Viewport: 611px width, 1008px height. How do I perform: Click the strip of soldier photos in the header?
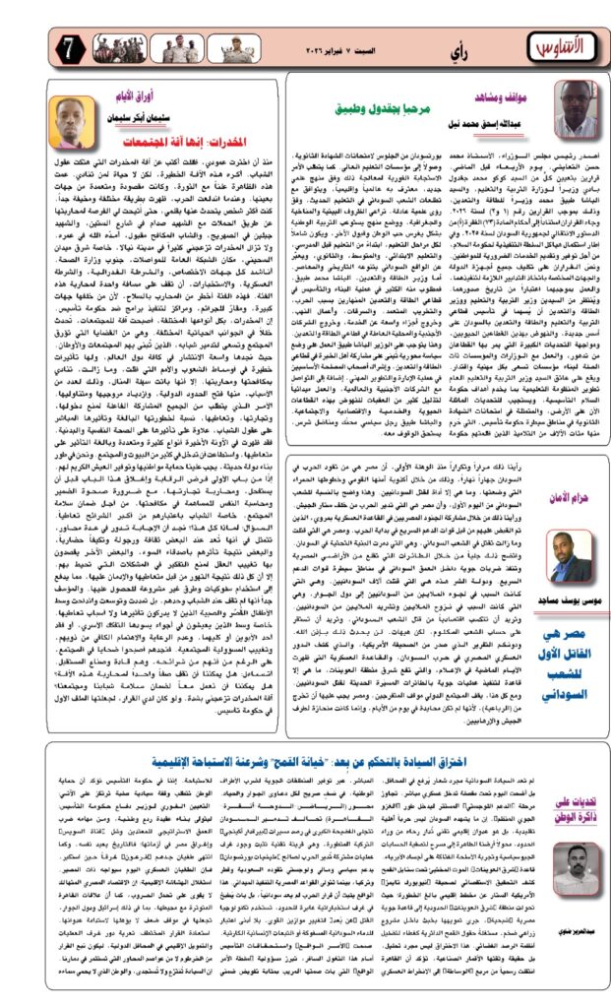click(x=148, y=45)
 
